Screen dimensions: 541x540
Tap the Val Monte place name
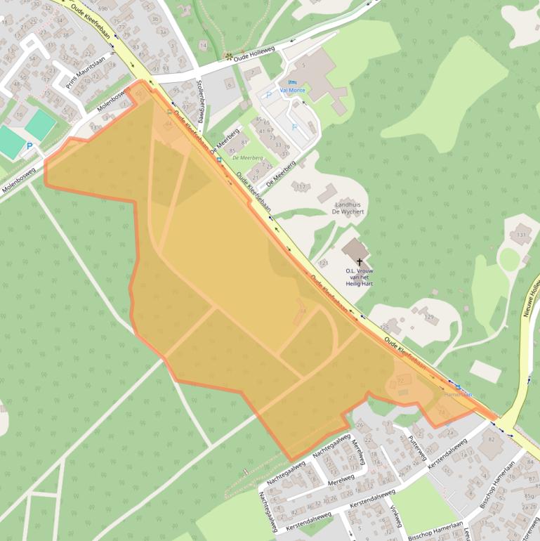292,90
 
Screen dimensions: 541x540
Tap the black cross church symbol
360,261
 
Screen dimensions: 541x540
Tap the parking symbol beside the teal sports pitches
29,146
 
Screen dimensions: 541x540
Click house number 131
522,235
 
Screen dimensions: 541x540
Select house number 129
428,318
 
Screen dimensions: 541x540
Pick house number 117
301,187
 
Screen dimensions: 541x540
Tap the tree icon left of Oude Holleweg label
228,56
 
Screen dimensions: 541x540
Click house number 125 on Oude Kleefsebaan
384,326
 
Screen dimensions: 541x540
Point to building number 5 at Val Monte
304,65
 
